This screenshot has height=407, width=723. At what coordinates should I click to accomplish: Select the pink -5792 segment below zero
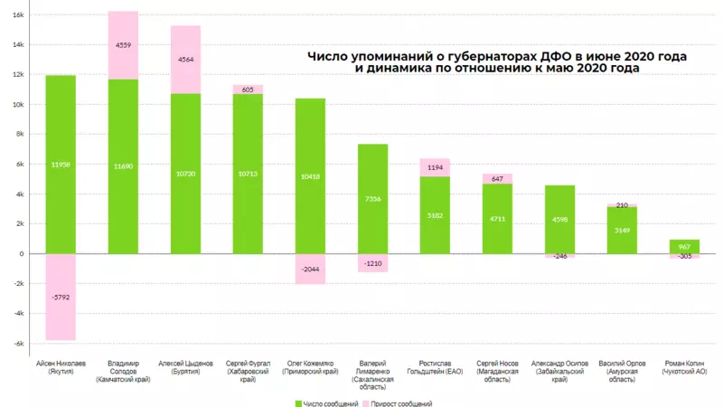point(61,297)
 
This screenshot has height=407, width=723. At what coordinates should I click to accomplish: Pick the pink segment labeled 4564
point(185,60)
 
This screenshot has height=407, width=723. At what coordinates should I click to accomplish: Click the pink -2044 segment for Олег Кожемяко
point(310,269)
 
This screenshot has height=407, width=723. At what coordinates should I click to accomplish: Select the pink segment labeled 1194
point(435,167)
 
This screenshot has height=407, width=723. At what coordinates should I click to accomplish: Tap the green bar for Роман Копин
point(684,246)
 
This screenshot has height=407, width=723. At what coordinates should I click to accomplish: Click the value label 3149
point(622,230)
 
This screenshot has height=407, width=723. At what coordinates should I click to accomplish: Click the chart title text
point(497,62)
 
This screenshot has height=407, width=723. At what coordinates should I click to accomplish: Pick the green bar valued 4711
point(497,217)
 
